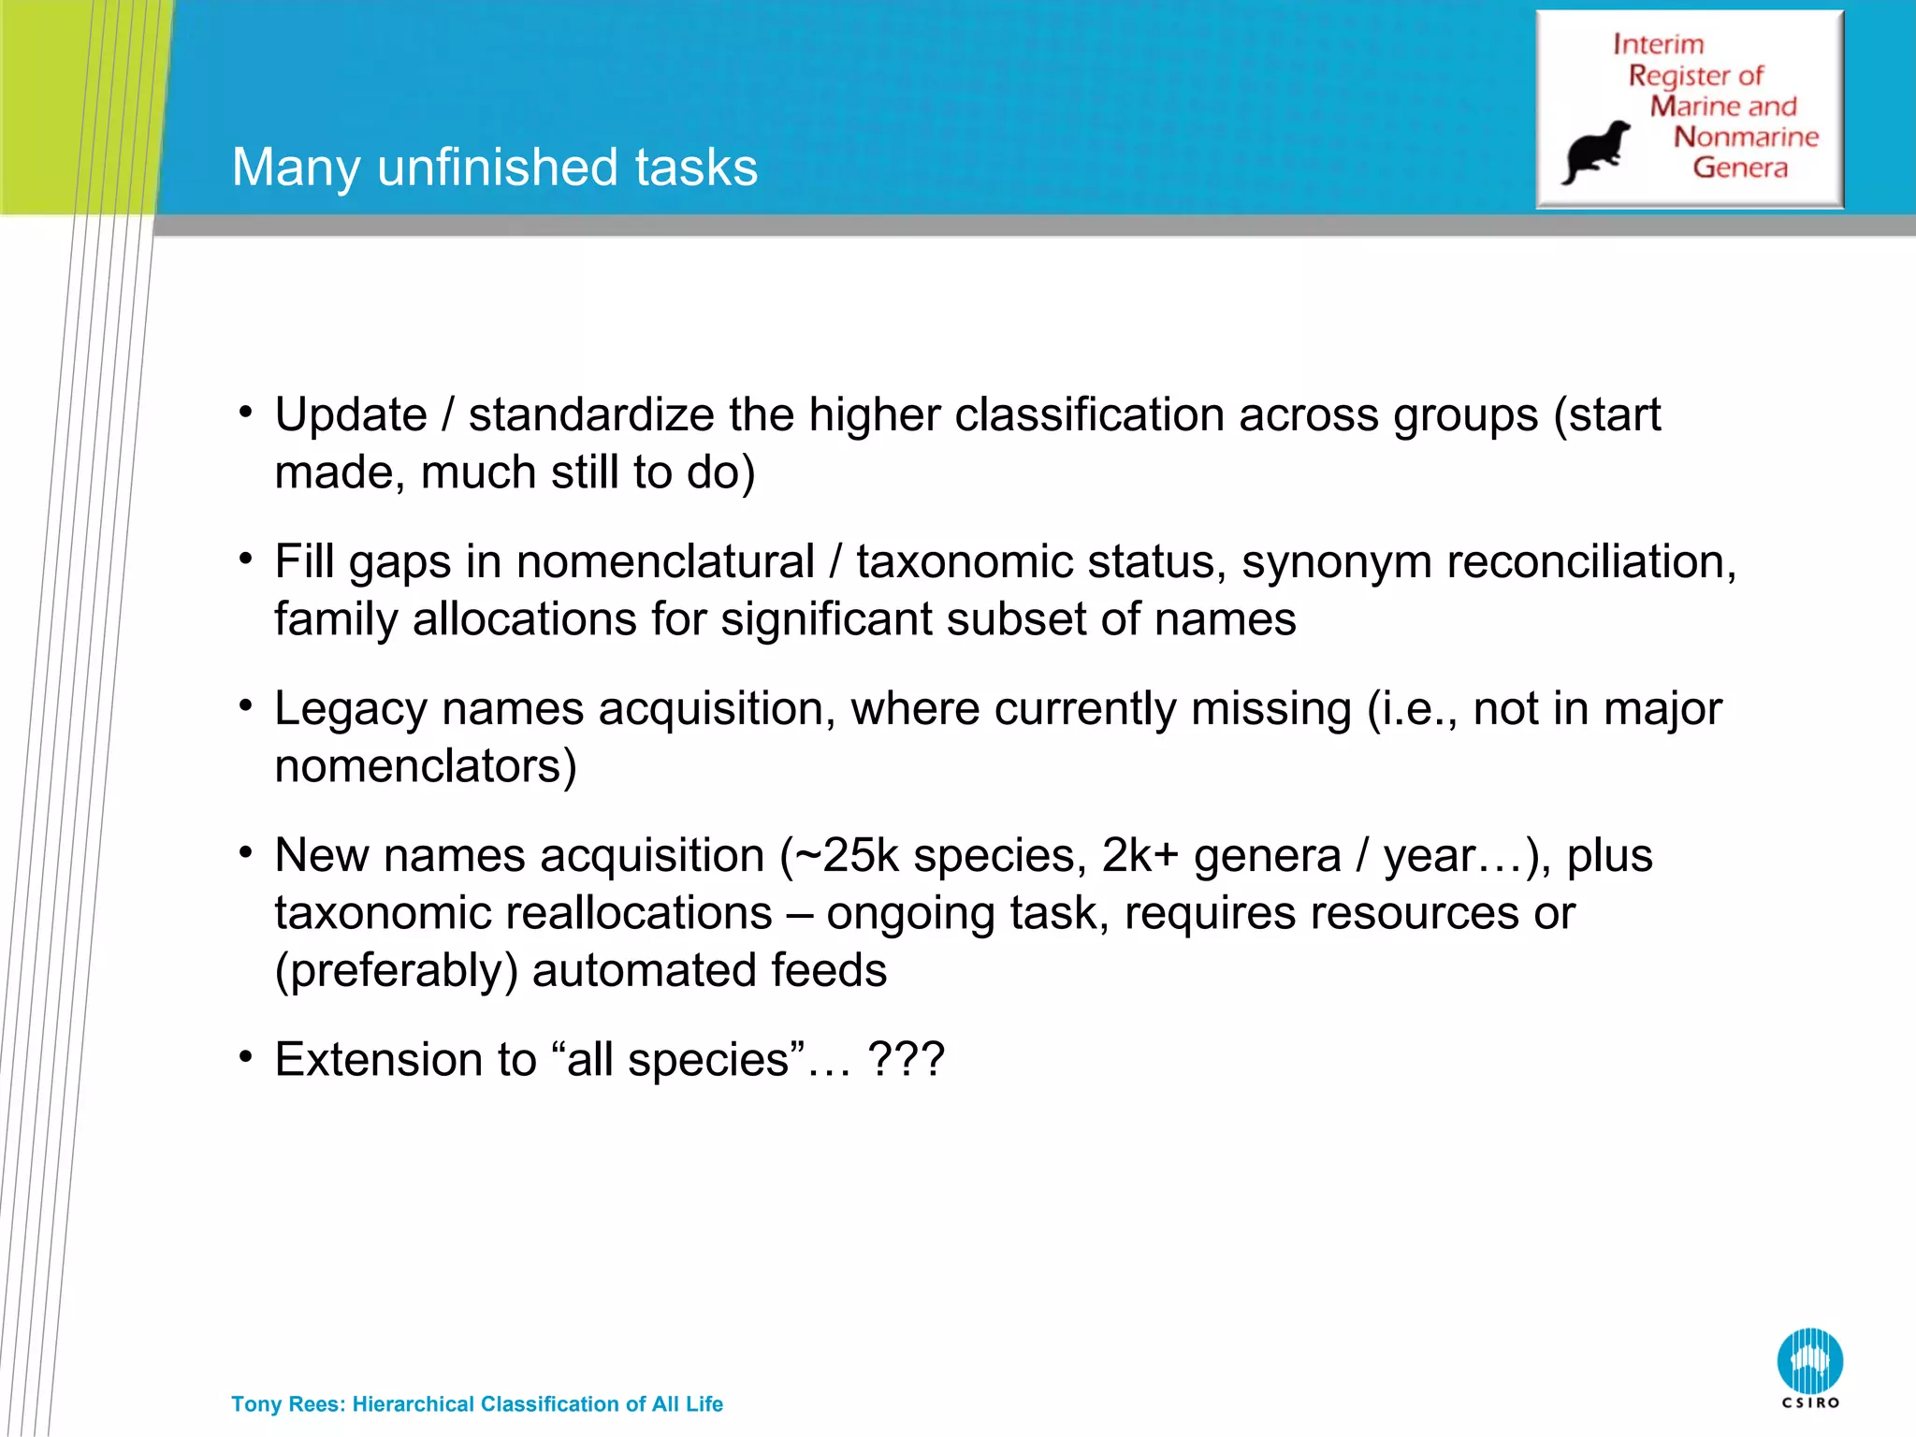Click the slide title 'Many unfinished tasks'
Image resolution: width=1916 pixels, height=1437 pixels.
tap(494, 167)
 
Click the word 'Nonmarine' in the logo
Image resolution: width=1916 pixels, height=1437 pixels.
tap(1746, 137)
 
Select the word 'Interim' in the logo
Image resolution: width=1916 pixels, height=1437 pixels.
tap(1658, 44)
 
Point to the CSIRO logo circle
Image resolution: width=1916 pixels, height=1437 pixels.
tap(1809, 1361)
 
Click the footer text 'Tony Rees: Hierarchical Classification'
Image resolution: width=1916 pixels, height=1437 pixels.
tap(477, 1404)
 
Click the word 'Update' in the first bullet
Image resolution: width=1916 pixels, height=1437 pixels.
tap(351, 414)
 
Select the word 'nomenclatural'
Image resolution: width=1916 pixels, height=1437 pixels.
tap(665, 561)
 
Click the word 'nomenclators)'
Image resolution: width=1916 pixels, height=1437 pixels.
tap(426, 766)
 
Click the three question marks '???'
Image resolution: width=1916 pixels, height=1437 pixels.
tap(906, 1060)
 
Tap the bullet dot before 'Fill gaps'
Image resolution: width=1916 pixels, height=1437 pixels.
tap(246, 559)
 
